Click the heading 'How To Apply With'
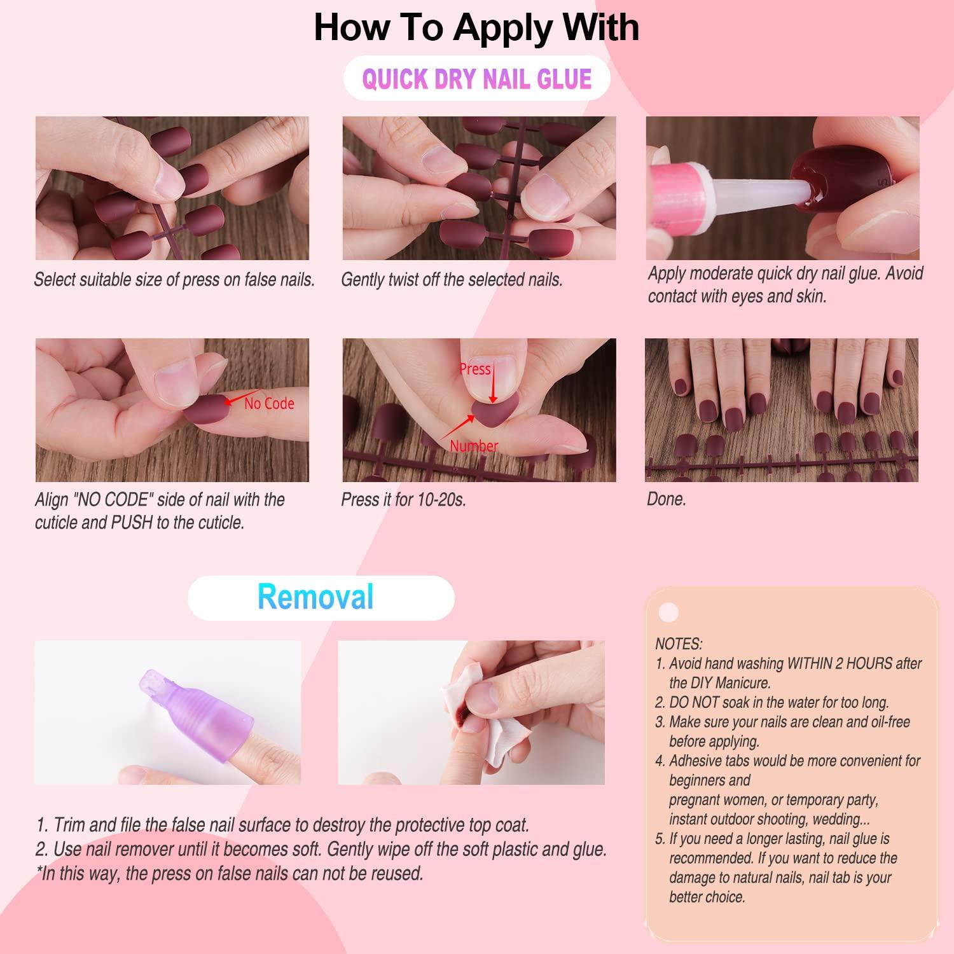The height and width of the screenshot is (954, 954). (x=476, y=27)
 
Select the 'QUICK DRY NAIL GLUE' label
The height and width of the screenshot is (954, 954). (x=477, y=79)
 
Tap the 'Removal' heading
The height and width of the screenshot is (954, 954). (x=316, y=597)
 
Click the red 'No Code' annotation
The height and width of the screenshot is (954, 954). (x=269, y=403)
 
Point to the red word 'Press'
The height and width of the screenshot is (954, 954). (x=475, y=369)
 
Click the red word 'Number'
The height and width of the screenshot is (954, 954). (x=474, y=446)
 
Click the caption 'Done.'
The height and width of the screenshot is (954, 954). (x=667, y=499)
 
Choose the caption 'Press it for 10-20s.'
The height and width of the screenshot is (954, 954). (x=404, y=499)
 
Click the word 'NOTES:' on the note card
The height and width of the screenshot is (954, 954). (x=679, y=644)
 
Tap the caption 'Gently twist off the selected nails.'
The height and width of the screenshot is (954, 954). (x=452, y=280)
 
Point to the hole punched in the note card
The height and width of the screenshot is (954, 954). (x=668, y=612)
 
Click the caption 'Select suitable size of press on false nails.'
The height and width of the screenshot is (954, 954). (x=174, y=280)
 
